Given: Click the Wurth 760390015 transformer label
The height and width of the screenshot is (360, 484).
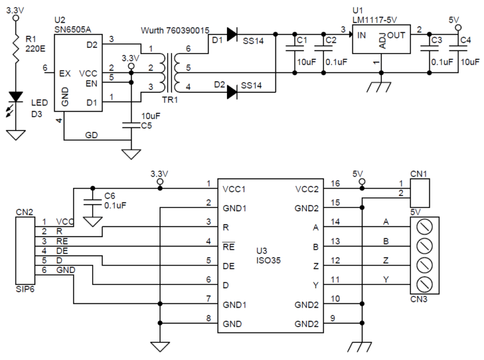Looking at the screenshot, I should point(175,30).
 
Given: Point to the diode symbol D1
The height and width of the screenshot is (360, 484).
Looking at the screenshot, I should point(231,33).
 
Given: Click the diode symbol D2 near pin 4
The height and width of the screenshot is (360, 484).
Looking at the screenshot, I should point(231,92).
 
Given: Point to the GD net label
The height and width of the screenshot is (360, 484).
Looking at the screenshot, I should point(91,135).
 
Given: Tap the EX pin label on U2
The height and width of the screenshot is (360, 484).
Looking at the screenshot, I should point(64,73).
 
